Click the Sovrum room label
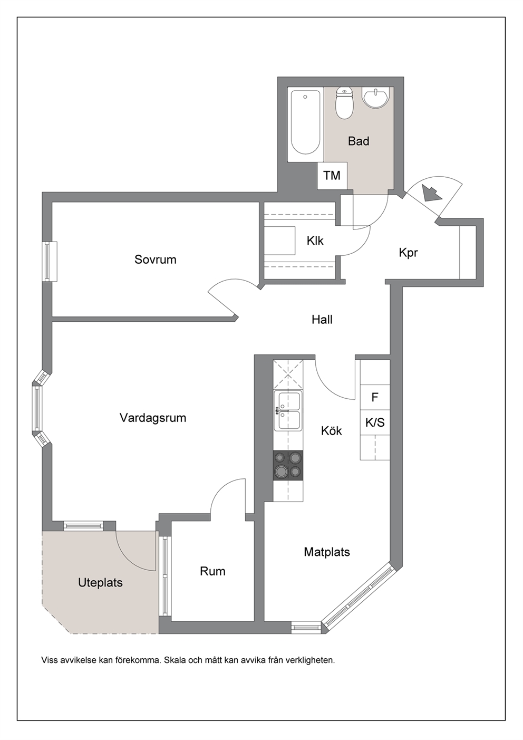(x=155, y=260)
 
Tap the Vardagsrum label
(x=153, y=418)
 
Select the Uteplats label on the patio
(x=100, y=583)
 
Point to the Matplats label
(x=327, y=552)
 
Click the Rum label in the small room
(x=212, y=572)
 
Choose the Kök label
(x=332, y=430)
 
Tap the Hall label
(x=322, y=320)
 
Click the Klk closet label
(x=315, y=241)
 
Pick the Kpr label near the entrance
(x=409, y=253)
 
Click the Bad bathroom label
(x=359, y=141)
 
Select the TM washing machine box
(x=332, y=176)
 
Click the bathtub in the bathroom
(x=305, y=124)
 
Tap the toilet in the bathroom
(x=344, y=102)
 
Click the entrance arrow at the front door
(x=431, y=193)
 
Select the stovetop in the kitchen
(x=288, y=466)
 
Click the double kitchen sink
(x=288, y=411)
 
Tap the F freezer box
(x=375, y=397)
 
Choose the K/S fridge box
(x=375, y=422)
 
